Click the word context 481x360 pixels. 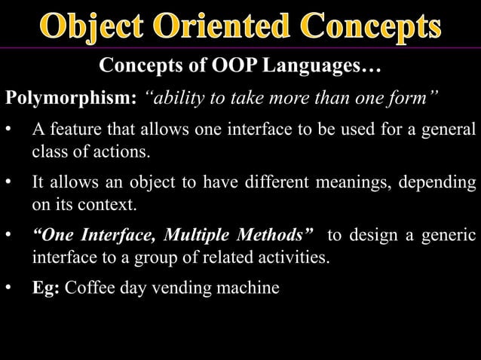pyautogui.click(x=112, y=204)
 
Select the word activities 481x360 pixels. pyautogui.click(x=291, y=258)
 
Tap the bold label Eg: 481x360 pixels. pyautogui.click(x=46, y=288)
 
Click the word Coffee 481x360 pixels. pyautogui.click(x=90, y=288)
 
